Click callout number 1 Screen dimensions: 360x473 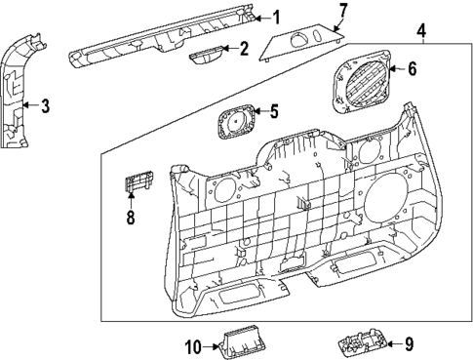coord(275,17)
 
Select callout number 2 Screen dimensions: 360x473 coord(244,48)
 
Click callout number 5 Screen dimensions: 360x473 coord(274,111)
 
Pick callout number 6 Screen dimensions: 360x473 coord(411,69)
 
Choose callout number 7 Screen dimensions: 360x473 coord(342,12)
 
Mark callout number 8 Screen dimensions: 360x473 coord(129,217)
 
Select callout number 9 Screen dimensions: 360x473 coord(409,342)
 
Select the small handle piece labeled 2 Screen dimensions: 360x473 coord(207,57)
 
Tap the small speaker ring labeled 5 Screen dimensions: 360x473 coord(237,123)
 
